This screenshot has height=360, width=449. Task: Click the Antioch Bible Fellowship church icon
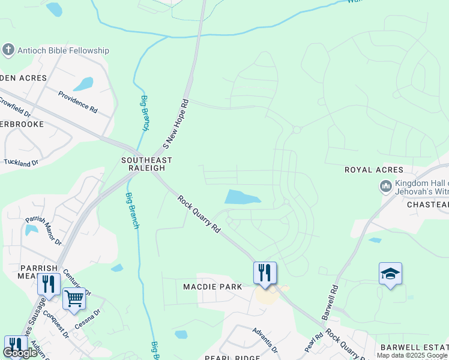tap(9, 50)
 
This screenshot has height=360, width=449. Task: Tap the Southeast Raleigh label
tap(146, 164)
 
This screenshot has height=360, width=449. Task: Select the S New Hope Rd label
tap(176, 124)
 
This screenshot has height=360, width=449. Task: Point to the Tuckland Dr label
tap(21, 162)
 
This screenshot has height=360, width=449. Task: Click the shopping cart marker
tap(74, 297)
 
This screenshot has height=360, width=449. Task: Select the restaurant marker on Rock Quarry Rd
tap(265, 272)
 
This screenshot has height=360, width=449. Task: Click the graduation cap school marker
tap(390, 274)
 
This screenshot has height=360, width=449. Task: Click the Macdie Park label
tap(213, 287)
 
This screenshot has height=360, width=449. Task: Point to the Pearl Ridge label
tap(232, 358)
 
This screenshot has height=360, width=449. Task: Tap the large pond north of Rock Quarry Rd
tap(242, 197)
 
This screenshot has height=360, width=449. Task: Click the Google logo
tap(20, 353)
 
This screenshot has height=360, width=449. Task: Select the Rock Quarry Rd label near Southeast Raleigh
tap(199, 214)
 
